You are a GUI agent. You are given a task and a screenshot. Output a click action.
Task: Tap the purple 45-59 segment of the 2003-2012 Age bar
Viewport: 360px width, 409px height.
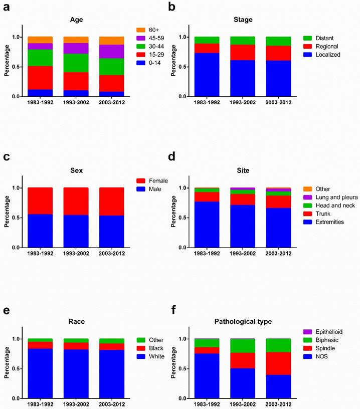[112, 52]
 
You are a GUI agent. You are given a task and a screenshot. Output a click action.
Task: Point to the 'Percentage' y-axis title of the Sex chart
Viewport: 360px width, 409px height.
[7, 217]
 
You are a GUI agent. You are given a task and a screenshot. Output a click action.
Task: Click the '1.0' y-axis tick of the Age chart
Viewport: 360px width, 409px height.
[17, 37]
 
